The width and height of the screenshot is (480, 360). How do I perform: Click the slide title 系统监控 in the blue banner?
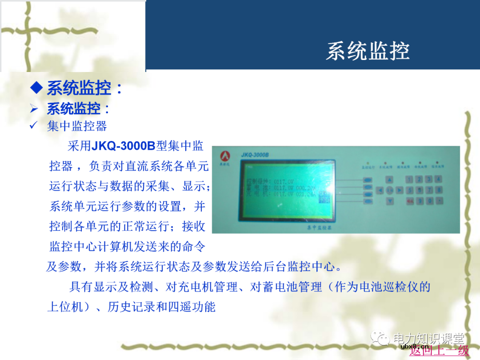(367, 51)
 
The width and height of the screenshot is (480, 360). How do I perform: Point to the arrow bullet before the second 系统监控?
(34, 109)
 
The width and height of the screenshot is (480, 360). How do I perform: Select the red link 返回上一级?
(439, 351)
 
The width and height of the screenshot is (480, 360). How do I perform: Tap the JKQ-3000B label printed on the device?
(255, 155)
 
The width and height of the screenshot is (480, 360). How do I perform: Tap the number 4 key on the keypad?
(438, 180)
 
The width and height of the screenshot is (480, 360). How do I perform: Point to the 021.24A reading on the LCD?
(306, 194)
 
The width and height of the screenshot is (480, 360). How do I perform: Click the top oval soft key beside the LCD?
(368, 180)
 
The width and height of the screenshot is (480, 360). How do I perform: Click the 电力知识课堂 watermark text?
(428, 338)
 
